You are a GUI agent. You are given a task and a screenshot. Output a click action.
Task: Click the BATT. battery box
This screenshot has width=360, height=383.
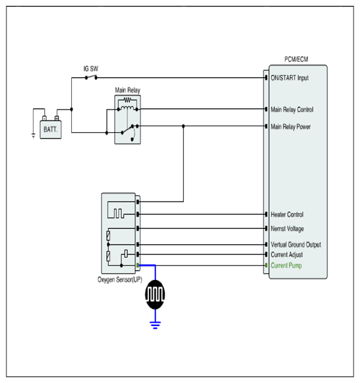[51, 130]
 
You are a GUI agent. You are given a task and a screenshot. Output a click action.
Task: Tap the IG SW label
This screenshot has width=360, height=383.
[91, 69]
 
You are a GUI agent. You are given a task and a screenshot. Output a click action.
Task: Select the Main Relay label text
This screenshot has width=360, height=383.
[128, 90]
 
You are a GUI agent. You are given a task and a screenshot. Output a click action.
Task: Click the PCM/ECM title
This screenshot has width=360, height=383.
[296, 59]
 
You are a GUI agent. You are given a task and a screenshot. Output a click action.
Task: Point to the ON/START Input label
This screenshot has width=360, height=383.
[289, 78]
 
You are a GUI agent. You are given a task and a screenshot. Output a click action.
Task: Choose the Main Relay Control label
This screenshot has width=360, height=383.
[292, 110]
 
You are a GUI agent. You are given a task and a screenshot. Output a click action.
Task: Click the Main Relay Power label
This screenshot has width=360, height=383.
[291, 126]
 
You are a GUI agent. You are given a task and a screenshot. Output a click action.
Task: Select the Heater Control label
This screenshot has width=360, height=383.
[287, 215]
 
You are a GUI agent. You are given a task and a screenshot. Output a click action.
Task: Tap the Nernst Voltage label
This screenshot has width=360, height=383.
[287, 229]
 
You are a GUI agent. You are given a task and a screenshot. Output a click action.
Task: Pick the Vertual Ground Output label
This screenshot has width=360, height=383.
[296, 244]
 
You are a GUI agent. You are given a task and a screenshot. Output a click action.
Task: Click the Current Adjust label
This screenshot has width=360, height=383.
[287, 255]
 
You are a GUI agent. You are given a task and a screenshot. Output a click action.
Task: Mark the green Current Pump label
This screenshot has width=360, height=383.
[286, 265]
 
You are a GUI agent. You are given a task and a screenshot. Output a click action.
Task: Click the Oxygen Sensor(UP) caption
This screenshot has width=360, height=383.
[120, 279]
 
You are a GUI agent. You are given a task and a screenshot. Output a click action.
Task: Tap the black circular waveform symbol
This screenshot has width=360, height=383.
[155, 294]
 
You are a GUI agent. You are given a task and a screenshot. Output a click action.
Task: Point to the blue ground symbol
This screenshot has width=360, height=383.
[155, 325]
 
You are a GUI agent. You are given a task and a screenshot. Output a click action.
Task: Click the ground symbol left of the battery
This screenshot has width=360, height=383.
[34, 135]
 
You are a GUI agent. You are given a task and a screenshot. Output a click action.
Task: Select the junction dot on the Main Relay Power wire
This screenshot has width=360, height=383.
[183, 126]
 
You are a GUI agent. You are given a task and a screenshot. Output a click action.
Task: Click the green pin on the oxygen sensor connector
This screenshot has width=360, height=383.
[138, 265]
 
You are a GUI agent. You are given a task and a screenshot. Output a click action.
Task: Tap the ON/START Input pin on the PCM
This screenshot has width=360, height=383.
[266, 78]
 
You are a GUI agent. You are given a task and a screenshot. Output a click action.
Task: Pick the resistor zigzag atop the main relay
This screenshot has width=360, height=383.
[128, 100]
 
